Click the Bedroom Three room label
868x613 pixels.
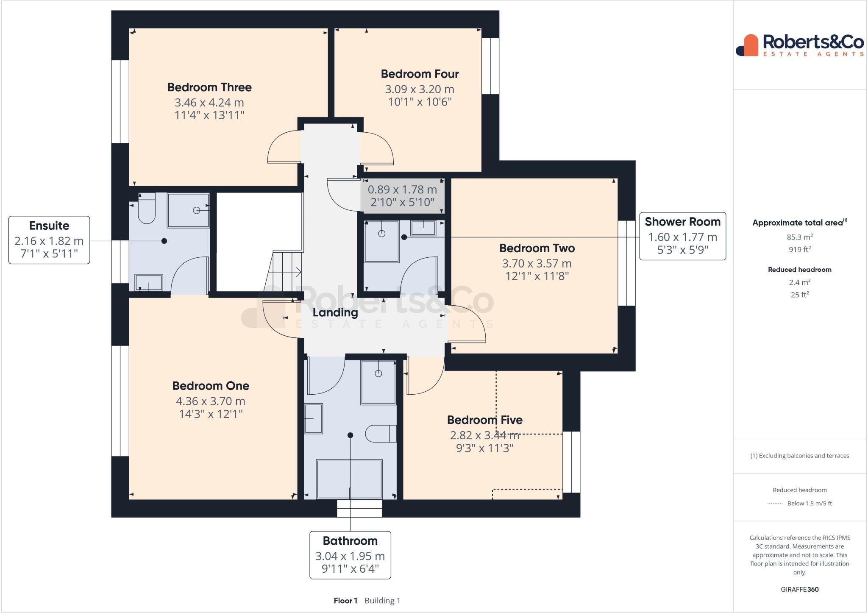209,87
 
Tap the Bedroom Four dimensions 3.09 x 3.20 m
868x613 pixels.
419,89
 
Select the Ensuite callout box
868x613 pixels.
49,240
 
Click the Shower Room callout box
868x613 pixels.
682,236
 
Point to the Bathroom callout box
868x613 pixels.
350,554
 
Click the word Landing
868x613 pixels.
335,313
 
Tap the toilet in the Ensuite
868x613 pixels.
147,212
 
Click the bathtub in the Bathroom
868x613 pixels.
349,479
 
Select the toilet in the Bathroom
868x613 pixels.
380,434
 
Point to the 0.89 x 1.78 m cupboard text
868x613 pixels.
402,189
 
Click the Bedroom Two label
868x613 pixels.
537,248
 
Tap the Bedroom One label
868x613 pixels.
211,386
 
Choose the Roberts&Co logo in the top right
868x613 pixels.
800,45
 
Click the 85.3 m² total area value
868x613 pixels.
799,237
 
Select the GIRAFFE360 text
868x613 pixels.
799,589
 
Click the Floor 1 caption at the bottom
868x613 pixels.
345,601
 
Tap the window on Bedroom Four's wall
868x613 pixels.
490,66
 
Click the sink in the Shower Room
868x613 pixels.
423,228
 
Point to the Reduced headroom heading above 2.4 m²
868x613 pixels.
799,270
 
